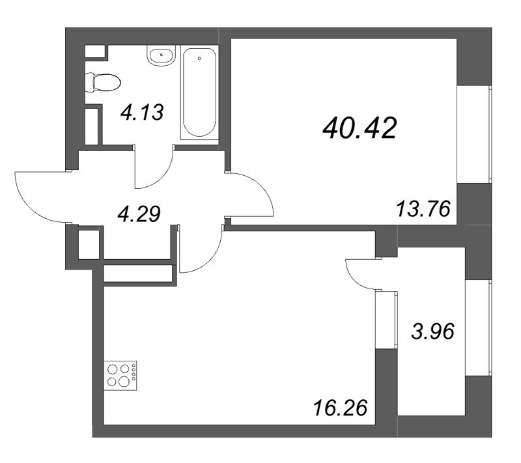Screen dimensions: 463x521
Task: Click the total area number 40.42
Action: point(359,130)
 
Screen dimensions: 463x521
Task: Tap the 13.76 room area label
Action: point(424,210)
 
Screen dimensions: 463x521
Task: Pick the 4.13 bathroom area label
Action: point(141,113)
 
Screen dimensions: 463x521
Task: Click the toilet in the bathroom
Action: point(104,82)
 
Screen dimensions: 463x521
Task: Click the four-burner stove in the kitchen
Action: point(122,374)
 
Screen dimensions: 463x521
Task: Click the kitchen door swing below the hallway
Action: point(203,251)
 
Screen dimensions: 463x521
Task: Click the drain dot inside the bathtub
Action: point(199,57)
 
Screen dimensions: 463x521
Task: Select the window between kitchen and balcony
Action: point(387,318)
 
